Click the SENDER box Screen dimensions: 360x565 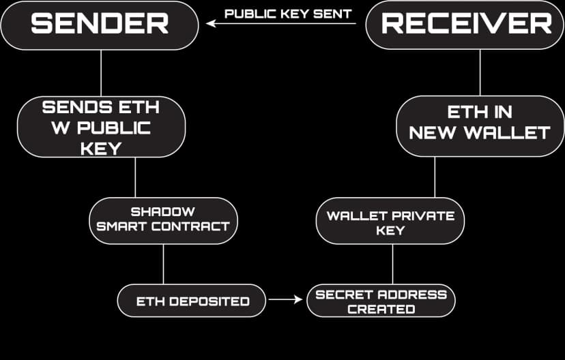[x=100, y=25]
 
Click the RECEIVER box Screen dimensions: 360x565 [x=466, y=25]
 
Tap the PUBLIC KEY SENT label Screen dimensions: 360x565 [x=288, y=14]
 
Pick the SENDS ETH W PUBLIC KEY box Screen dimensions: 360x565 [x=101, y=127]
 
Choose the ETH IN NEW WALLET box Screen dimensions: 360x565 [x=480, y=122]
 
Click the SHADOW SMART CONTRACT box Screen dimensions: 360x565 [x=162, y=218]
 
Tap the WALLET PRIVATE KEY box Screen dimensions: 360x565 [x=390, y=223]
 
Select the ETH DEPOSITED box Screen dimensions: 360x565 [x=192, y=301]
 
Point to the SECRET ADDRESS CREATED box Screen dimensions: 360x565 [x=381, y=301]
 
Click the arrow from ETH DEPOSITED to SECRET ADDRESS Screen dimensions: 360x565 [x=285, y=299]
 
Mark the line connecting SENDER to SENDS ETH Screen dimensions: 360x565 [x=101, y=72]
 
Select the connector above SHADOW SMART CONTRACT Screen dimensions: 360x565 [x=135, y=177]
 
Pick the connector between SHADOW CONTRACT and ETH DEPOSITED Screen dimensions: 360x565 [x=163, y=264]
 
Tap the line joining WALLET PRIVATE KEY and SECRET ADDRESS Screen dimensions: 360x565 [x=392, y=263]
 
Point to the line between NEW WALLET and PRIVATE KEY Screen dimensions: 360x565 [x=435, y=177]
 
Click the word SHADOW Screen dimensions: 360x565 [x=162, y=211]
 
